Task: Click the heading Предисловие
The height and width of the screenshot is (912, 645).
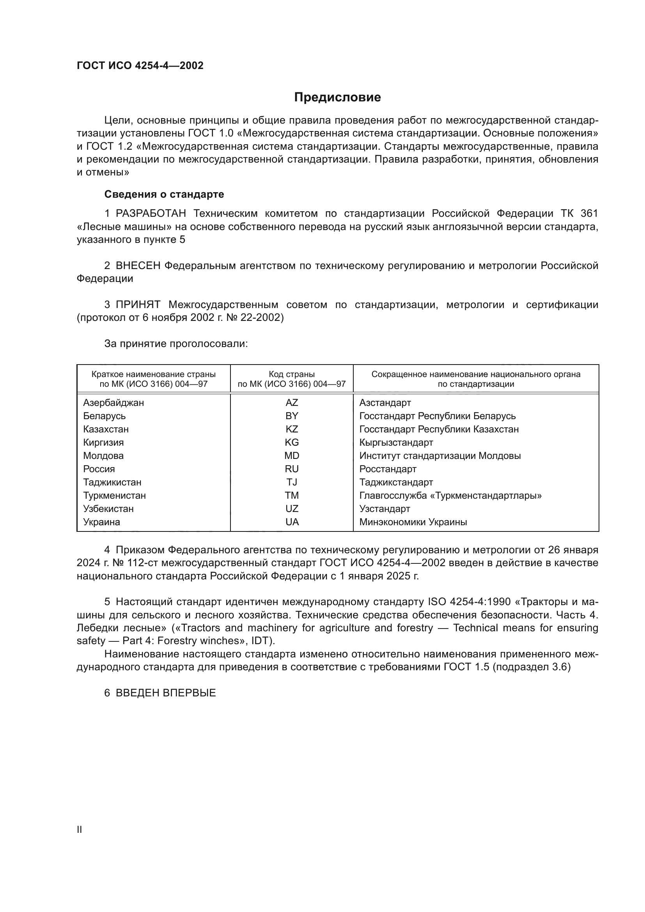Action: point(337,97)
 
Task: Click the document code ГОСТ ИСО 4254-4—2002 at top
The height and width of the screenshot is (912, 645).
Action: point(140,66)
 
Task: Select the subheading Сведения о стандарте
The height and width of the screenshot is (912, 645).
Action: point(164,194)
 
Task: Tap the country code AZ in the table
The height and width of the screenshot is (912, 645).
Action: point(292,403)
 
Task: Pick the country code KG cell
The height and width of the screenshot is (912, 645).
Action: point(292,443)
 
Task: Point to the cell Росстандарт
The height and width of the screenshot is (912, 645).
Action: point(388,469)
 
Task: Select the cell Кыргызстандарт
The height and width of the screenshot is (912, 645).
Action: point(396,443)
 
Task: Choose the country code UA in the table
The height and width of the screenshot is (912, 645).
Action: point(292,522)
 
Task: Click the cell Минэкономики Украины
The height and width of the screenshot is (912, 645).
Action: point(413,522)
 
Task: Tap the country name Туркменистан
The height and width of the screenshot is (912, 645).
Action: point(114,496)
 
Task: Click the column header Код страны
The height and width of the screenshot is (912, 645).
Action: point(292,374)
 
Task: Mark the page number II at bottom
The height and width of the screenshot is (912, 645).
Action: point(80,829)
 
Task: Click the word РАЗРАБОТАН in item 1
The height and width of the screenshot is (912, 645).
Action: point(151,214)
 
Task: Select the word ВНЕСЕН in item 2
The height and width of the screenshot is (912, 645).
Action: point(138,266)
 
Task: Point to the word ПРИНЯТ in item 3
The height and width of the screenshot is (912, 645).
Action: point(138,305)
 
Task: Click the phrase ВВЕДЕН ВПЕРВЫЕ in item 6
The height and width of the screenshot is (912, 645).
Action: point(166,693)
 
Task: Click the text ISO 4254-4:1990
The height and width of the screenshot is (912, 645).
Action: point(470,602)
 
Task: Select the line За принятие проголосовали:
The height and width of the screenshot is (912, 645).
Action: point(176,344)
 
